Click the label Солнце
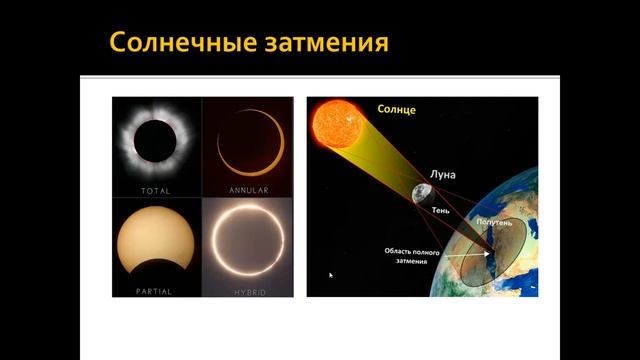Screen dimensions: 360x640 coord(398,107)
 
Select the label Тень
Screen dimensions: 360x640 coord(441,211)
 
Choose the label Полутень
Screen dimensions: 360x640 coord(496,217)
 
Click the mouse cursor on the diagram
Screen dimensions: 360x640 coord(331,274)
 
